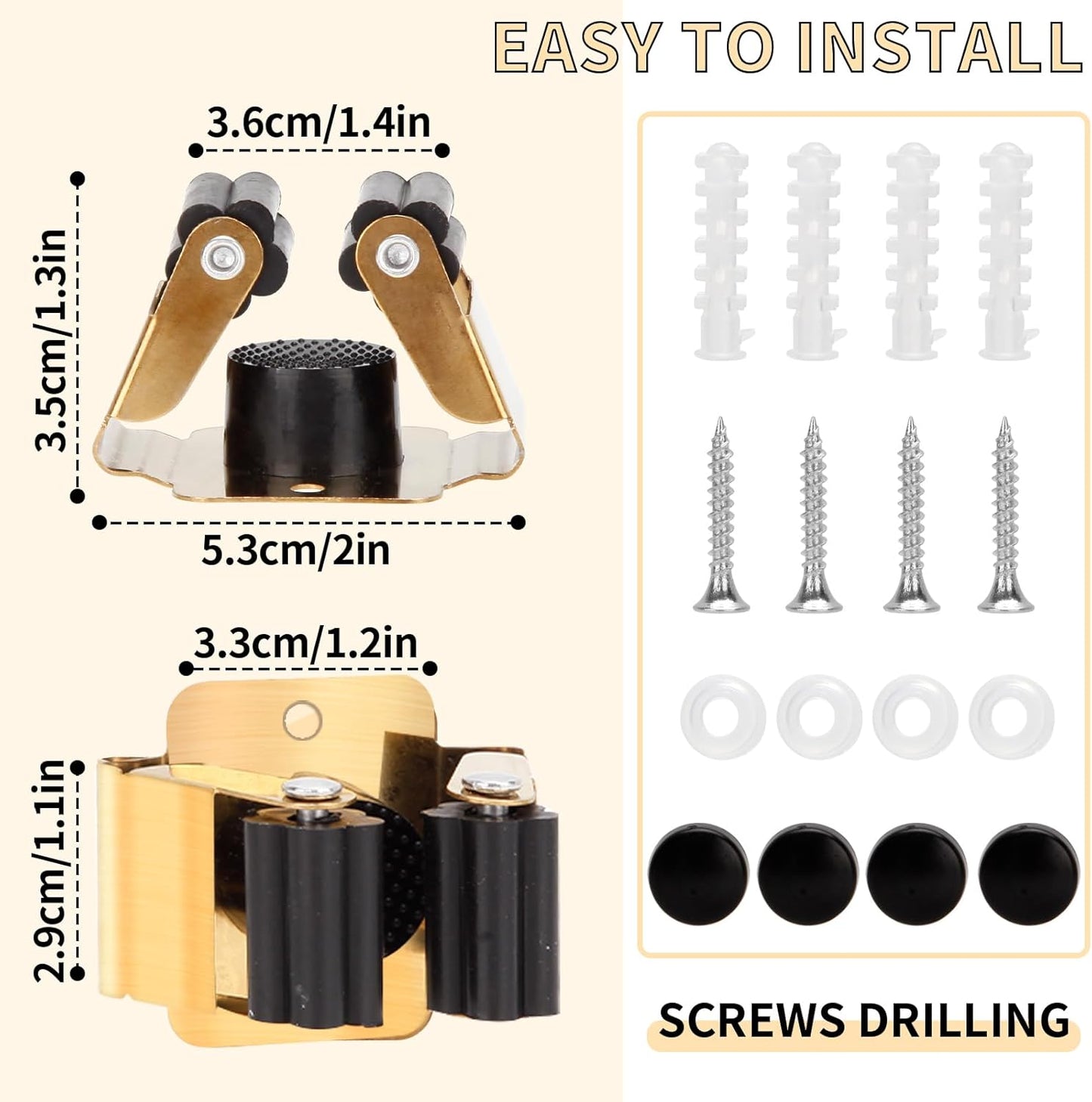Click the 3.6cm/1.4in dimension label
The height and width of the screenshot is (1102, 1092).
[x=318, y=123]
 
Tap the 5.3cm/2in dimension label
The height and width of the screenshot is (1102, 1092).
[x=295, y=549]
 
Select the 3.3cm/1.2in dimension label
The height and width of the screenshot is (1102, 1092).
[x=305, y=643]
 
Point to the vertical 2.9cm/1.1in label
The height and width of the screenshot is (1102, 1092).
[x=51, y=870]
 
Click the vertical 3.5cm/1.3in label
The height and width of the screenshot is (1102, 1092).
[x=51, y=339]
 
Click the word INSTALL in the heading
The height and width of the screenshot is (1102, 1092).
[x=940, y=48]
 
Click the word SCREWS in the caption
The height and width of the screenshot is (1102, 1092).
[x=751, y=1020]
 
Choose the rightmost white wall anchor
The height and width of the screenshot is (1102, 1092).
[x=1007, y=251]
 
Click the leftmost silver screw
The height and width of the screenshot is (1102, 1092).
[x=722, y=516]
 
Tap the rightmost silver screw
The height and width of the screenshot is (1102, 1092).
[x=1005, y=516]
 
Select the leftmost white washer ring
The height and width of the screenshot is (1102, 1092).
[x=722, y=716]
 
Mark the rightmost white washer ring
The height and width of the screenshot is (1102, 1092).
[x=1011, y=716]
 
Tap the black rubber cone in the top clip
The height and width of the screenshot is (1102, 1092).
[x=311, y=401]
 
